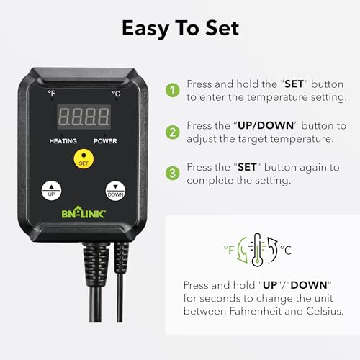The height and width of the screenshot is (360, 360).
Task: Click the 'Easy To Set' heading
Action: pyautogui.click(x=180, y=29)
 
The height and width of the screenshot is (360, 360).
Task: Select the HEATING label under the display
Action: pyautogui.click(x=63, y=140)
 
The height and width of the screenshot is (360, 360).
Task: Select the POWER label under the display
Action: pyautogui.click(x=105, y=140)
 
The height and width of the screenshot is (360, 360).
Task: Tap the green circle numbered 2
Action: pyautogui.click(x=173, y=132)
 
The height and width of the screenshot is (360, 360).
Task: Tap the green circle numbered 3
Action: pyautogui.click(x=173, y=174)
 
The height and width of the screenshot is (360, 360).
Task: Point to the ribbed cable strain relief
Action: pyautogui.click(x=98, y=259)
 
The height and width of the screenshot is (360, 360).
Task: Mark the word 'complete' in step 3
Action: pyautogui.click(x=209, y=181)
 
